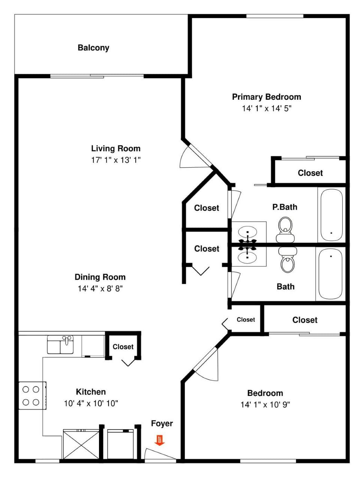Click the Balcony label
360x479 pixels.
[93, 48]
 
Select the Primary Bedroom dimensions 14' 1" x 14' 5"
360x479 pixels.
[267, 109]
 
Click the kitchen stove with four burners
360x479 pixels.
[31, 395]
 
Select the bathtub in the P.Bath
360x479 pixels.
[330, 214]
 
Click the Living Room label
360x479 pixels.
[116, 148]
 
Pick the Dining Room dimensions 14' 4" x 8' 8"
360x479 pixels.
[100, 289]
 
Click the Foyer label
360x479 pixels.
[162, 424]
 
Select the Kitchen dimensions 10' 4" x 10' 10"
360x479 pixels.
[91, 404]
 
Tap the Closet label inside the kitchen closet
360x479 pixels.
[123, 347]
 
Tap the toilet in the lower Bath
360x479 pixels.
[288, 261]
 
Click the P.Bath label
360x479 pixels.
[285, 207]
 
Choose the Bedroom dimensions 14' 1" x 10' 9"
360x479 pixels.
[265, 405]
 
